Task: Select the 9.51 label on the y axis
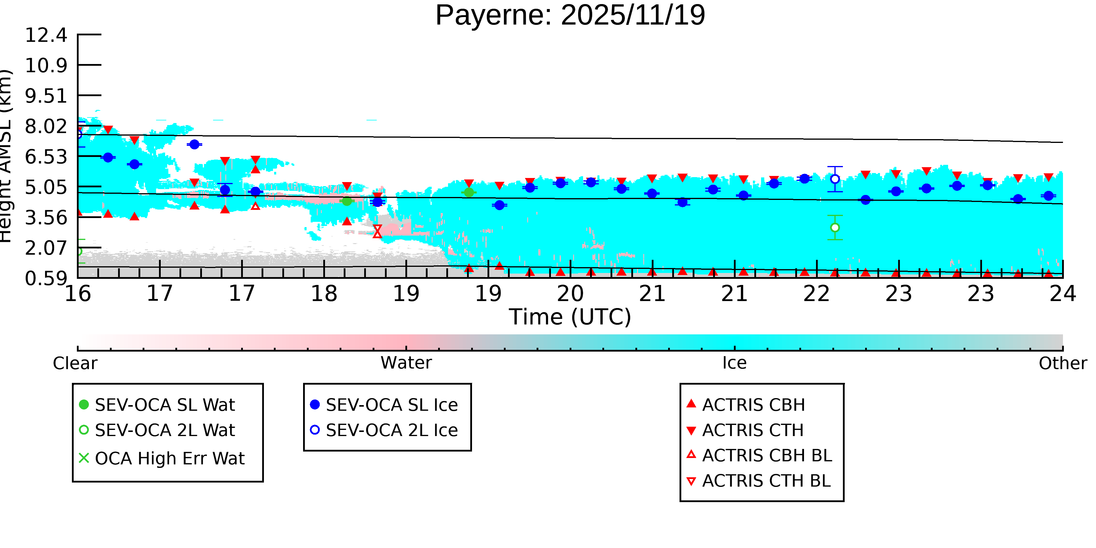pyautogui.click(x=46, y=96)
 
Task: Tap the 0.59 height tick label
pyautogui.click(x=46, y=279)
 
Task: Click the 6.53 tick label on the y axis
pyautogui.click(x=46, y=157)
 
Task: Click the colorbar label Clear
pyautogui.click(x=75, y=363)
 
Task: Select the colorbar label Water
pyautogui.click(x=406, y=363)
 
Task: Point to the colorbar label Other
pyautogui.click(x=1062, y=363)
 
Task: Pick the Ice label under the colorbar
pyautogui.click(x=734, y=363)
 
